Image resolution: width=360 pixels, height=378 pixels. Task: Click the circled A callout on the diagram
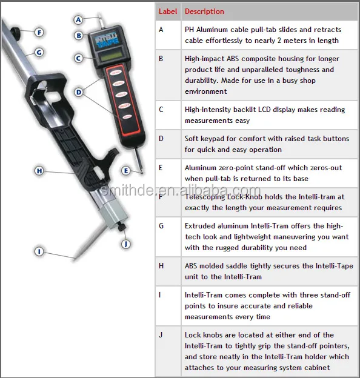(x=79, y=19)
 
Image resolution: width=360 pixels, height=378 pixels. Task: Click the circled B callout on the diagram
(x=79, y=35)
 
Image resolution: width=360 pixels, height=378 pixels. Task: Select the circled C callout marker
(x=79, y=58)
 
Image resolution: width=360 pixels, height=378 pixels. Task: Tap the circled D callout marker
(x=79, y=92)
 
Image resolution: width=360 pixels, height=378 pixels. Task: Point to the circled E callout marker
(x=125, y=170)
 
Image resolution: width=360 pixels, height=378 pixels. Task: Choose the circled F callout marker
(x=39, y=32)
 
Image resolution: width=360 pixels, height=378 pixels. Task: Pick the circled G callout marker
(x=39, y=52)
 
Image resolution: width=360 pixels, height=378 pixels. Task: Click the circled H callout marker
(x=39, y=171)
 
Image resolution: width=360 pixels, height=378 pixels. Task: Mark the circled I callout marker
(x=39, y=251)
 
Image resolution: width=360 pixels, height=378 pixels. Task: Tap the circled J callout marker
(x=126, y=244)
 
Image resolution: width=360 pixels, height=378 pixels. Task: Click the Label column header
(x=167, y=12)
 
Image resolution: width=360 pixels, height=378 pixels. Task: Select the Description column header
(x=204, y=12)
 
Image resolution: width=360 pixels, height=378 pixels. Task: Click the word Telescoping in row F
(x=206, y=197)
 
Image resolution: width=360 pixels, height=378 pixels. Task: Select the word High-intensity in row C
(x=210, y=110)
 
